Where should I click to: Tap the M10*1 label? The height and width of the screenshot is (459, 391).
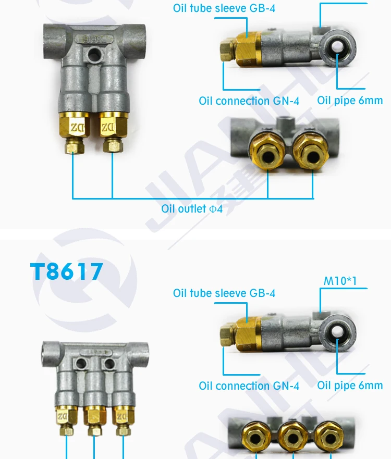(x=340, y=281)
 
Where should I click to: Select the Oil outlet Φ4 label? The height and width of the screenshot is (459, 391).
(x=192, y=209)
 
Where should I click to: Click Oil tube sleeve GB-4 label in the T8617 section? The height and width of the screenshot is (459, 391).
(x=224, y=293)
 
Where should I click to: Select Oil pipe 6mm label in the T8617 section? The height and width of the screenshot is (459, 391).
(x=350, y=386)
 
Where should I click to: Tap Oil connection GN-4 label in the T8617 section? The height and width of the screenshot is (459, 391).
(x=249, y=386)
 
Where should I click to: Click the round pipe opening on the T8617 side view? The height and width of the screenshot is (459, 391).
(x=338, y=331)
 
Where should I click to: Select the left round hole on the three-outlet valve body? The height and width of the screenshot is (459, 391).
(x=81, y=363)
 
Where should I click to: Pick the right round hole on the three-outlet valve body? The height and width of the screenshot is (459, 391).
(x=108, y=363)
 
